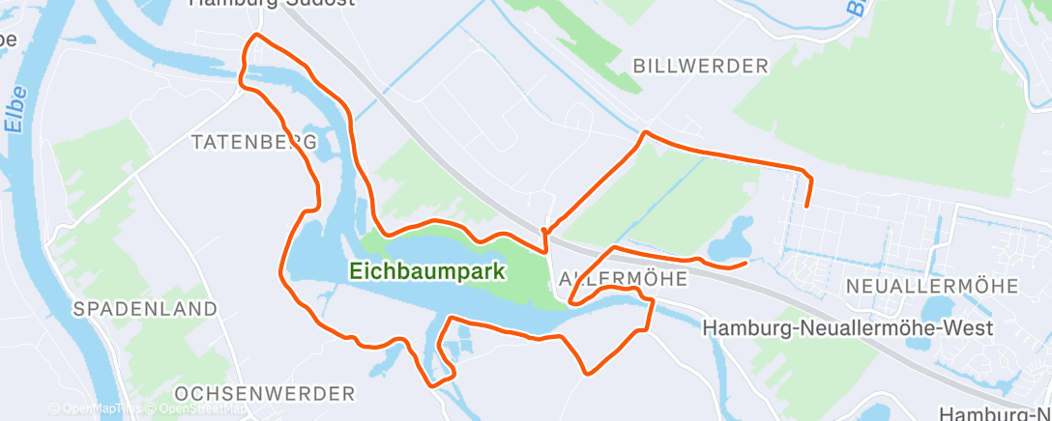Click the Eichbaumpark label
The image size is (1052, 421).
point(427,271)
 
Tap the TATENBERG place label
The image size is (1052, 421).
point(254,142)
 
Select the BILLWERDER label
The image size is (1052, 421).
point(700,66)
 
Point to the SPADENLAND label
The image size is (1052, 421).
point(145,309)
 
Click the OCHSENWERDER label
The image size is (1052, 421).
point(266,394)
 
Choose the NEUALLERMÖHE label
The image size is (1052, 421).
point(931,286)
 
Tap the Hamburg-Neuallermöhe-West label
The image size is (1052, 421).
point(848,329)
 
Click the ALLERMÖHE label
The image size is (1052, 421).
point(623,278)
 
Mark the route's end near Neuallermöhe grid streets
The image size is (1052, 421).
point(805,206)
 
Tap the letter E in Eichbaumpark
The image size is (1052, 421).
point(356,271)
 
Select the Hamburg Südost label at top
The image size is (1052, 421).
point(272,3)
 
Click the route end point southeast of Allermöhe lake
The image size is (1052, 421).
point(745,262)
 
